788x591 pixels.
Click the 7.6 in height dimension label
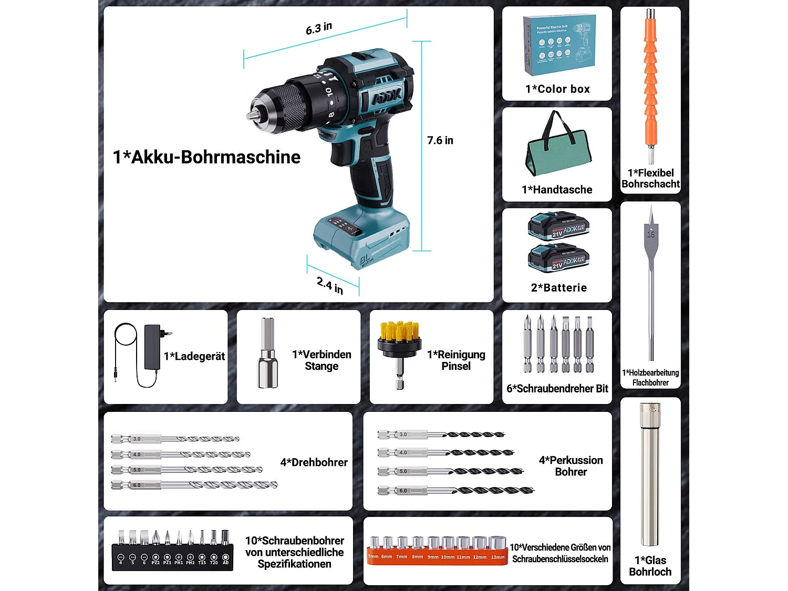[x=440, y=140]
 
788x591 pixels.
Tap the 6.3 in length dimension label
[x=319, y=28]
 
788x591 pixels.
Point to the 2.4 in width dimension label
[x=330, y=285]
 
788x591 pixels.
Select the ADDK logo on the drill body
[x=386, y=97]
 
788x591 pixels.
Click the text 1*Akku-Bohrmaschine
[x=206, y=157]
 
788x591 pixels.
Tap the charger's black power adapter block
[x=152, y=347]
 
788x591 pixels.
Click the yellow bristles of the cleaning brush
[x=399, y=330]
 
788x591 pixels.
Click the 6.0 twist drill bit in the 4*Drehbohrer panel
[x=194, y=485]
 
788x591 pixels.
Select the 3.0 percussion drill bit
[x=441, y=434]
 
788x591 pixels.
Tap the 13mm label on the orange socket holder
[x=497, y=557]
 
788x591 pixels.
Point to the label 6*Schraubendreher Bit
[x=557, y=389]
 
